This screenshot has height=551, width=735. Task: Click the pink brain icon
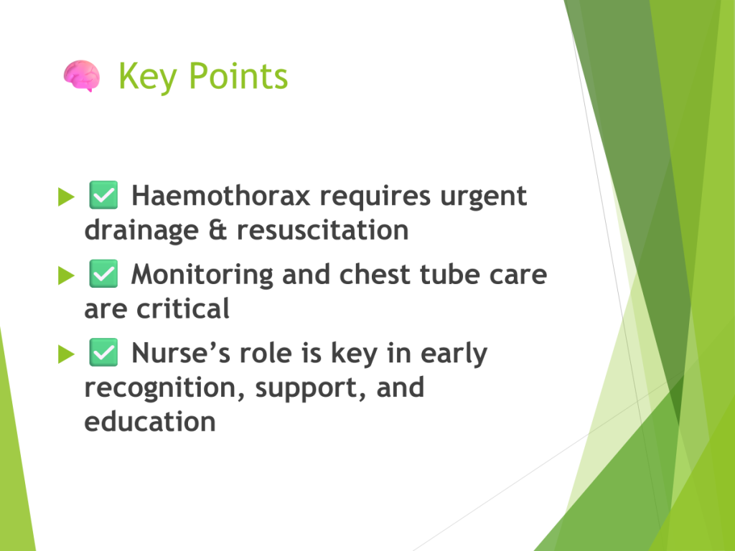pos(82,76)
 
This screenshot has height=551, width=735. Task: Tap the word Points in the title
pos(238,76)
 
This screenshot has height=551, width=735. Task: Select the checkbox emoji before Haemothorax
pos(103,195)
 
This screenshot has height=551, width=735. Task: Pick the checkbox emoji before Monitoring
pos(103,273)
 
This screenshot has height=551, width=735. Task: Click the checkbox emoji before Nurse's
pos(103,352)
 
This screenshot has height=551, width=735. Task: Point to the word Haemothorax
pos(221,195)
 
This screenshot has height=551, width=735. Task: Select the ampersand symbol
pos(217,230)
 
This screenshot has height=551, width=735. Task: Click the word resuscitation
pos(323,230)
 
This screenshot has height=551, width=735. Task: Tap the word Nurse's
pos(181,353)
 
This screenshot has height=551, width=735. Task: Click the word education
pos(150,422)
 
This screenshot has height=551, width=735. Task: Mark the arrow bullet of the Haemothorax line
pos(66,197)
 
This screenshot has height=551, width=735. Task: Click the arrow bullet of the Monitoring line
pos(66,275)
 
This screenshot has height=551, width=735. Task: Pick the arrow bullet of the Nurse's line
pos(66,354)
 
